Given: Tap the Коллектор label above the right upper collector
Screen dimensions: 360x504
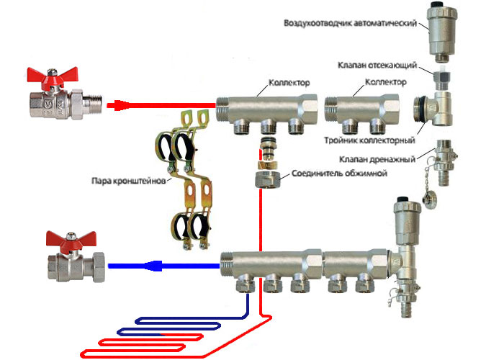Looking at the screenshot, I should coord(386,84).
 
